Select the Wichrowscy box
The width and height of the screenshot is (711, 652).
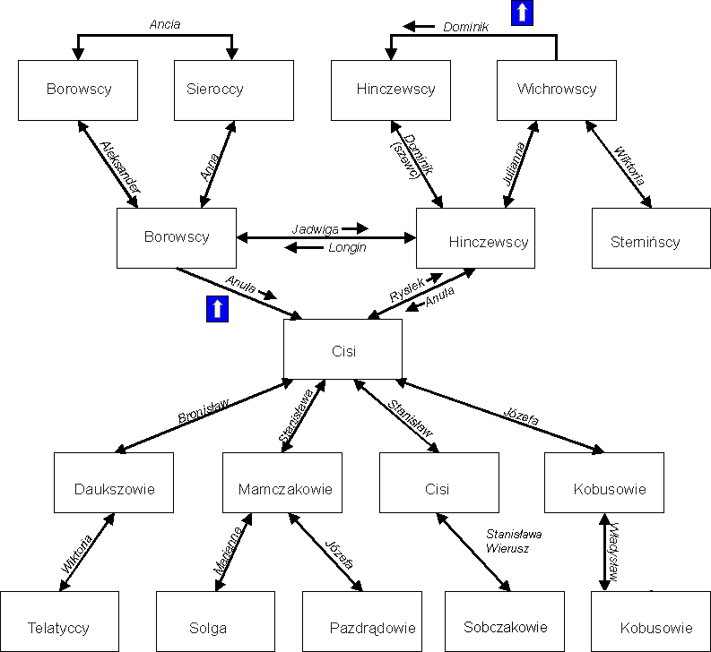(556, 90)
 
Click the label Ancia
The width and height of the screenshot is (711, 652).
(165, 24)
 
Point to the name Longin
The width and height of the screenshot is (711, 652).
(346, 247)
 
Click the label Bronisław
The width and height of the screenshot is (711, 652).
(203, 411)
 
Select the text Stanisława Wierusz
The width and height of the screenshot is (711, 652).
(514, 540)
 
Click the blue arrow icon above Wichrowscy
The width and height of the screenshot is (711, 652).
(522, 13)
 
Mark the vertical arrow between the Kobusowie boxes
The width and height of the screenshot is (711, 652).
(604, 552)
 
